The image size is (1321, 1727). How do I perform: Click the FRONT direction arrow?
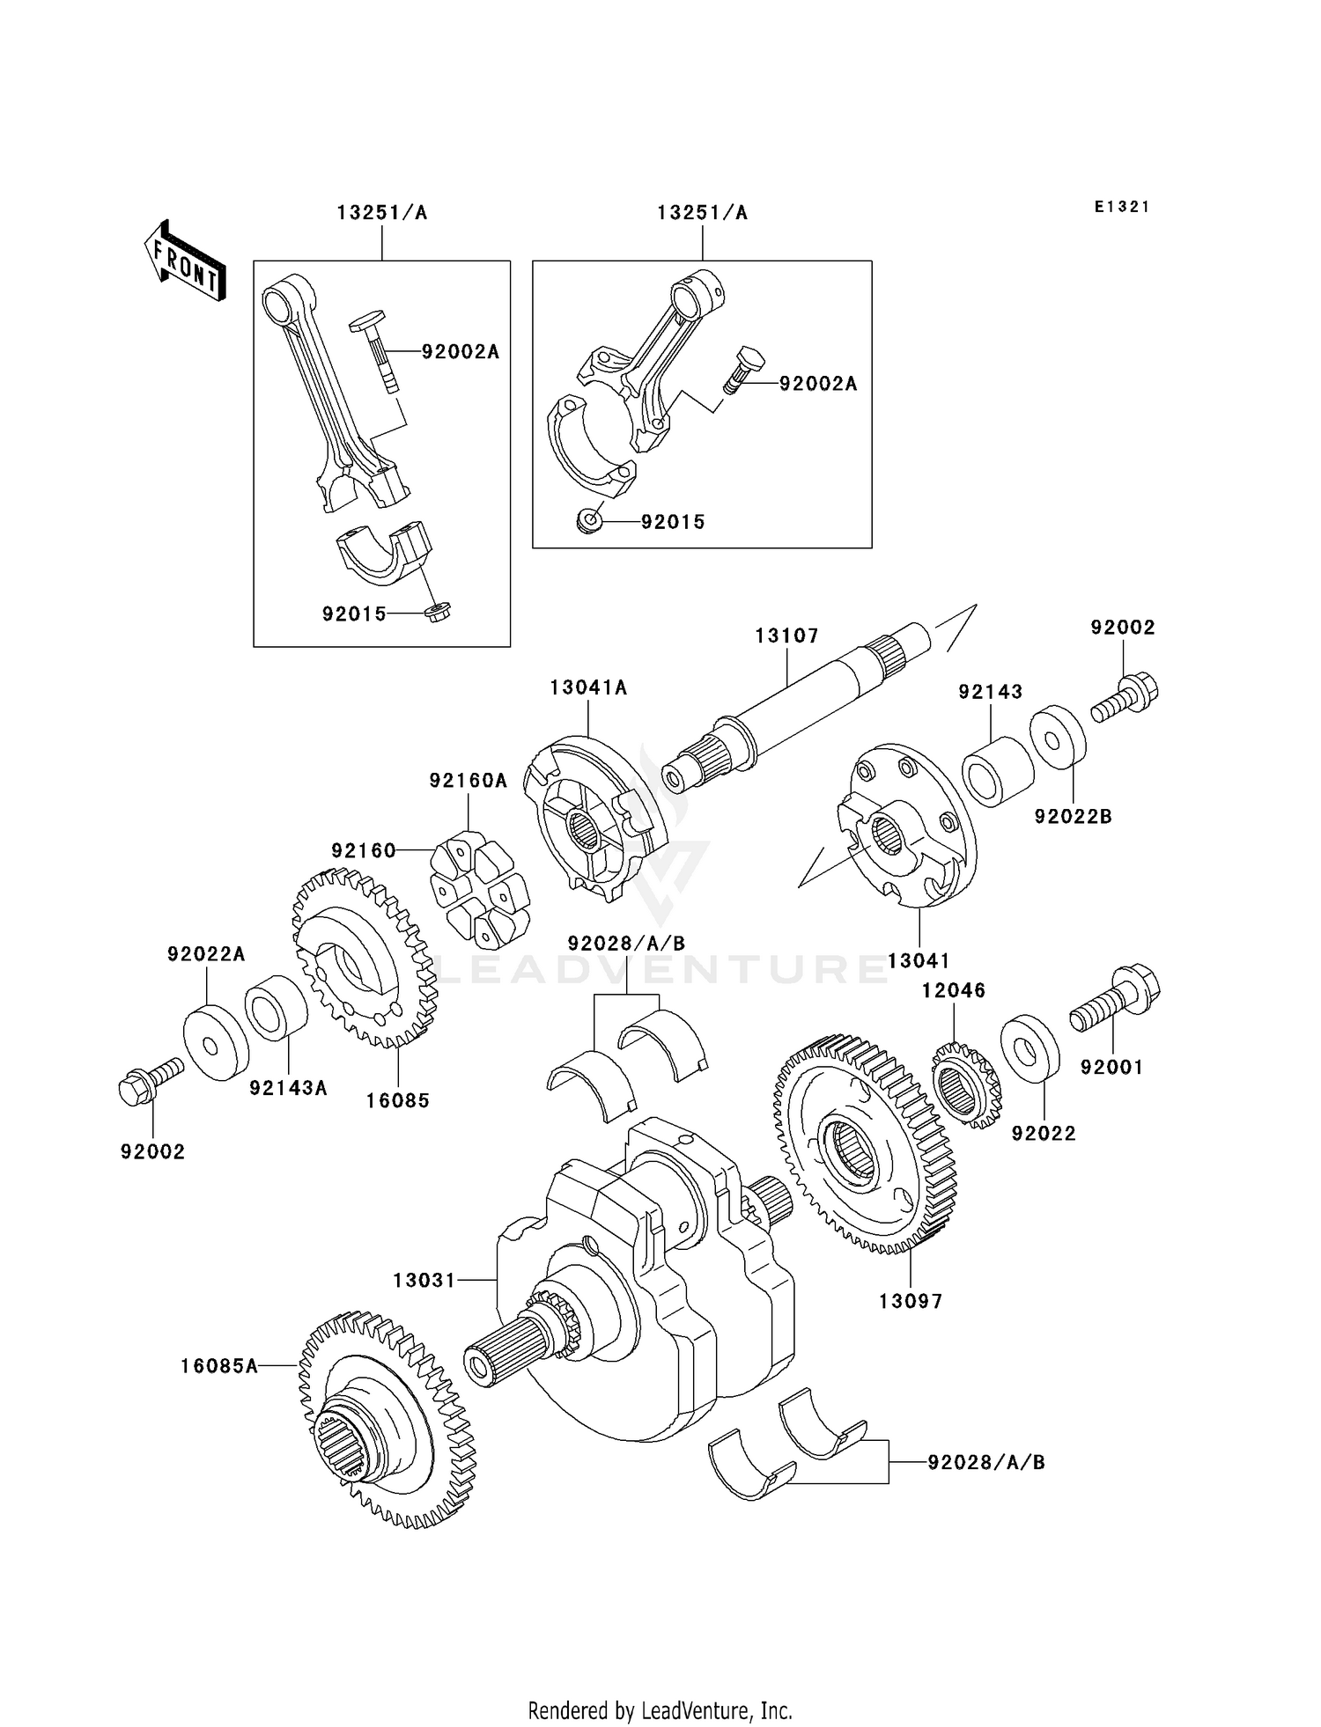click(x=185, y=261)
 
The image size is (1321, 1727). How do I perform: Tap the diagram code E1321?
click(x=1122, y=207)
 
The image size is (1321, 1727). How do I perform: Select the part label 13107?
click(x=786, y=636)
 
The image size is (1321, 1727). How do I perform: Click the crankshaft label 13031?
click(x=424, y=1281)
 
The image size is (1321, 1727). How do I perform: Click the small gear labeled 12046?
click(x=966, y=1084)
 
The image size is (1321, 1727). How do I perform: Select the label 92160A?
click(x=469, y=781)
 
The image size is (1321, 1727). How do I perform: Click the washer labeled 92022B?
click(x=1058, y=736)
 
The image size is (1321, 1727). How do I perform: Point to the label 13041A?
click(x=588, y=688)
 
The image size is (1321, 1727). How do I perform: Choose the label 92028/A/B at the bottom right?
click(x=985, y=1462)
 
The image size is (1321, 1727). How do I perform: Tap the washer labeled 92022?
click(x=1029, y=1048)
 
